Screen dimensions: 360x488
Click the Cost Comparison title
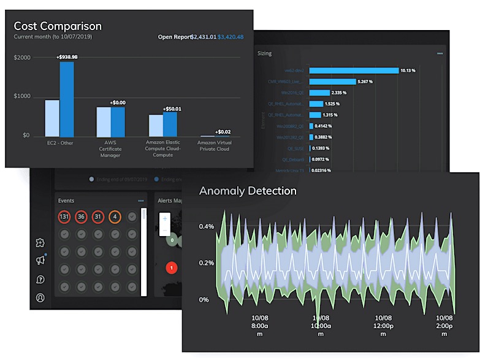click(58, 26)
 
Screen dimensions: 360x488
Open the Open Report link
click(174, 37)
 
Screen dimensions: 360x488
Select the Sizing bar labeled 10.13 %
click(353, 70)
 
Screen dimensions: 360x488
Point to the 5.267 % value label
click(367, 81)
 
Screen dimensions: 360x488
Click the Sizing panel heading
click(265, 53)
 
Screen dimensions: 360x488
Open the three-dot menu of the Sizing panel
click(440, 53)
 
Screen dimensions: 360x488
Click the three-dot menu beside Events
click(141, 201)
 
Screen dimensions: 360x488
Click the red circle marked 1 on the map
click(172, 267)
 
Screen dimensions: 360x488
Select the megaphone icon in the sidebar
click(40, 261)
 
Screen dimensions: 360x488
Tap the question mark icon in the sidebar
click(40, 280)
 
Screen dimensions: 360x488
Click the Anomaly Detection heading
click(248, 191)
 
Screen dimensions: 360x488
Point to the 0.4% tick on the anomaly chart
click(206, 226)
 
